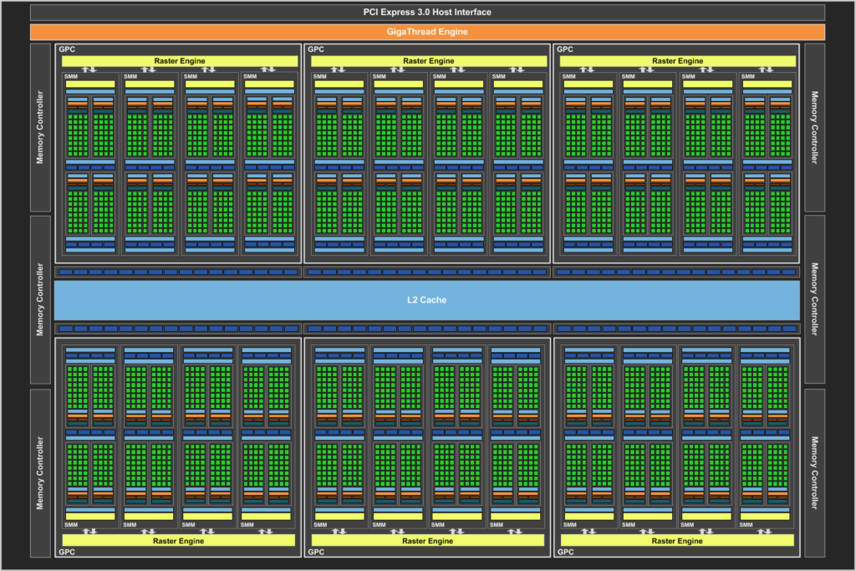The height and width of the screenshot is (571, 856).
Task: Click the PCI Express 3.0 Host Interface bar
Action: pyautogui.click(x=427, y=12)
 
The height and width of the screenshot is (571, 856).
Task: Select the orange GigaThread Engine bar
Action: pyautogui.click(x=427, y=32)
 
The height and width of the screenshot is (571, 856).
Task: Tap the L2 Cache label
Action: pyautogui.click(x=427, y=299)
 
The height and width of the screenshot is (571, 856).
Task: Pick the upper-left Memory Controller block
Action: pyautogui.click(x=40, y=128)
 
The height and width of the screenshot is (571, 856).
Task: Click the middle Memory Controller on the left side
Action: pyautogui.click(x=40, y=299)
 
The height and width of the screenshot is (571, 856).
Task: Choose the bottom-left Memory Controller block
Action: pyautogui.click(x=40, y=472)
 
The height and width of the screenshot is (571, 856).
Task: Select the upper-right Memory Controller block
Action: pyautogui.click(x=814, y=128)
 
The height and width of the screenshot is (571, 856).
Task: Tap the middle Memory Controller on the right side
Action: pyautogui.click(x=814, y=299)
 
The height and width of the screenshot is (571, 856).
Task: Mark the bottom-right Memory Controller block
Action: pyautogui.click(x=814, y=472)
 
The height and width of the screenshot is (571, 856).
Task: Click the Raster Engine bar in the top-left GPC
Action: pyautogui.click(x=180, y=61)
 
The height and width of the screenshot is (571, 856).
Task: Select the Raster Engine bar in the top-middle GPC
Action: pyautogui.click(x=429, y=61)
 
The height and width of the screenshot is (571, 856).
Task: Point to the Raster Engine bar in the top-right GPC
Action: pyautogui.click(x=677, y=61)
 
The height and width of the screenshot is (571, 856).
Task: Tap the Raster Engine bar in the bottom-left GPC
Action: pyautogui.click(x=179, y=540)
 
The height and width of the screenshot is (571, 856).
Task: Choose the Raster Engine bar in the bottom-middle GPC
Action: pyautogui.click(x=427, y=540)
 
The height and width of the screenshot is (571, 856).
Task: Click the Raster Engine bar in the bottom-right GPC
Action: pyautogui.click(x=677, y=540)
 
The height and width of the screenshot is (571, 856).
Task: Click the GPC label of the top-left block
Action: pyautogui.click(x=67, y=49)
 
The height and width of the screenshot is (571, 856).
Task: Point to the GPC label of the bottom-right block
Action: pyautogui.click(x=566, y=552)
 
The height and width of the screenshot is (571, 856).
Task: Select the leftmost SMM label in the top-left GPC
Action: pyautogui.click(x=70, y=76)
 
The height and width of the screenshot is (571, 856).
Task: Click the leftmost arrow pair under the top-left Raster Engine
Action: pyautogui.click(x=89, y=69)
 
